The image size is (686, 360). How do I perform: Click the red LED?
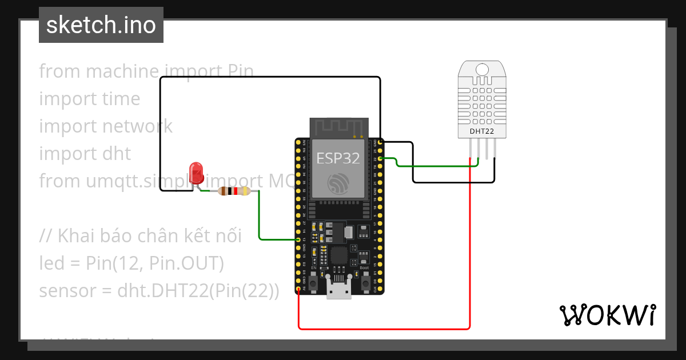196,171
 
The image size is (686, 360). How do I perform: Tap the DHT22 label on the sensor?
481,131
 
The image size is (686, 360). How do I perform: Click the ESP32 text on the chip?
338,158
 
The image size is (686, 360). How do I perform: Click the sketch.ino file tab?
101,25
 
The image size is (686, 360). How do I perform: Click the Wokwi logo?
607,315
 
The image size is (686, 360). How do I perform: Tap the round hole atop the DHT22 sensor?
482,70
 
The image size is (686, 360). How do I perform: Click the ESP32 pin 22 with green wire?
380,159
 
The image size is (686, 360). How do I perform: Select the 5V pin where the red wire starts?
298,289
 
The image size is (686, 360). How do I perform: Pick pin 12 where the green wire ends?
298,239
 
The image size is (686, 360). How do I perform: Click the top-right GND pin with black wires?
380,141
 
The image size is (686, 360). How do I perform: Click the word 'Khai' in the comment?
78,235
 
